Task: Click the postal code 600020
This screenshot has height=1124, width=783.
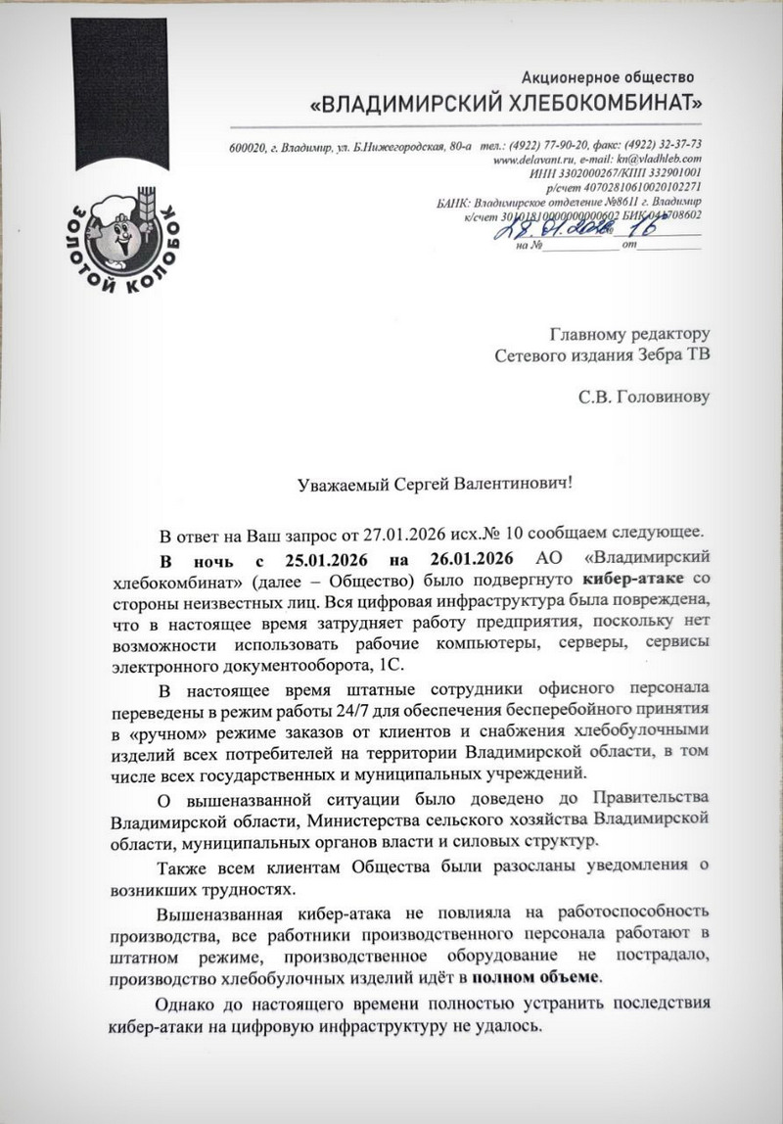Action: point(248,145)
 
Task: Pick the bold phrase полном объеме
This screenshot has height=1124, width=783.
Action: point(537,977)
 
